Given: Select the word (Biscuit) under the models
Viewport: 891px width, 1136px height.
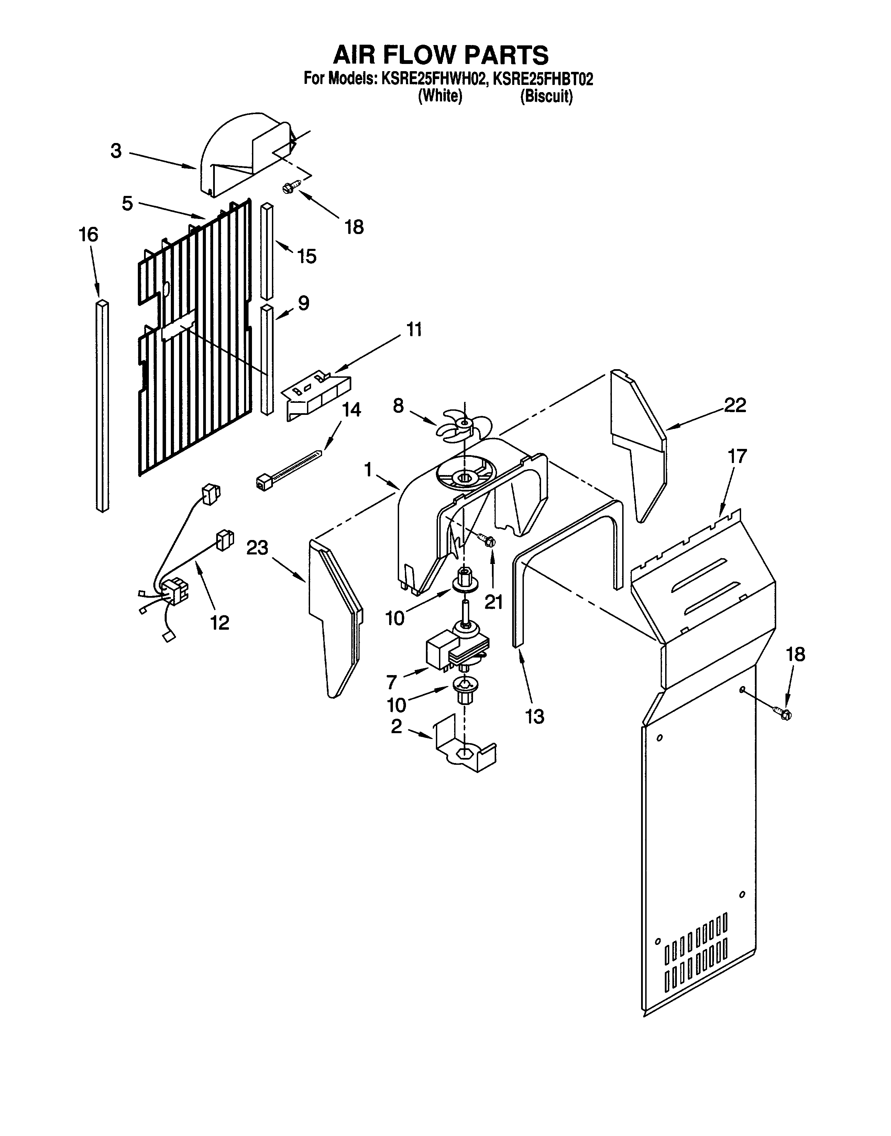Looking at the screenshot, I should click(x=546, y=97).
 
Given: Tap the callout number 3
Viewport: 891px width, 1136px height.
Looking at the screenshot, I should click(x=116, y=151).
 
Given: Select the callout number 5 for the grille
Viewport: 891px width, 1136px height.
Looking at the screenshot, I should click(x=127, y=203).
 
